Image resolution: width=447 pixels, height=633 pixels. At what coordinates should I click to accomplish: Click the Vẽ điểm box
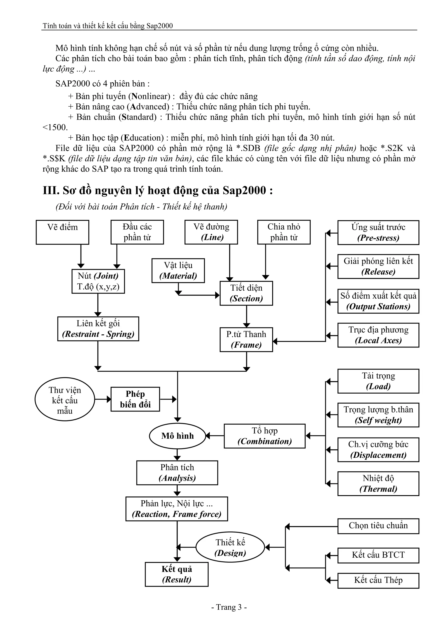(x=62, y=232)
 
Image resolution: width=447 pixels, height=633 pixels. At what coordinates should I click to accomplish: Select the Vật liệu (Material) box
(x=178, y=270)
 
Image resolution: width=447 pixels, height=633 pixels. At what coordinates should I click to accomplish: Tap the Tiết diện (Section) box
(x=246, y=293)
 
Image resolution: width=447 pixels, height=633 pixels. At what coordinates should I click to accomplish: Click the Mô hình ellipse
(x=177, y=436)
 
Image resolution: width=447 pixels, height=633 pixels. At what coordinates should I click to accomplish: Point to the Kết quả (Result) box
(x=177, y=574)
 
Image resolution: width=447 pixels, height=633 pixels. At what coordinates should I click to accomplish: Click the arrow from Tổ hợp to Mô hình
(x=215, y=436)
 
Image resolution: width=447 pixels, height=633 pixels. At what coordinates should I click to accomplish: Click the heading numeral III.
(x=51, y=190)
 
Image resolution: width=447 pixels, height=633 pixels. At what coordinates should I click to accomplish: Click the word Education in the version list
(x=143, y=138)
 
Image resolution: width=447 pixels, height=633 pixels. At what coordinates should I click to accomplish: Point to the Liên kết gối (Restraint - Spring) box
(x=98, y=329)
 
